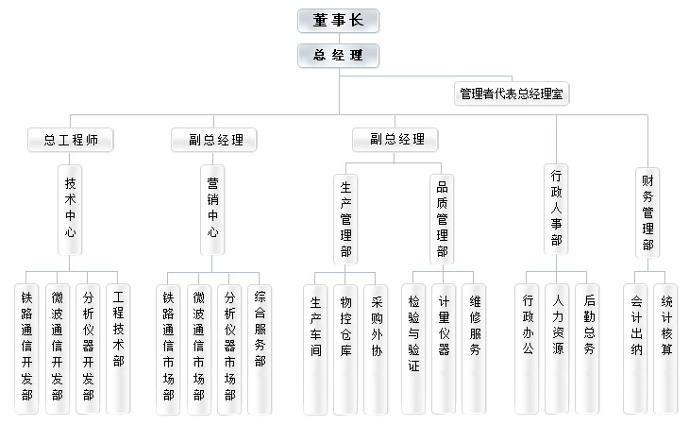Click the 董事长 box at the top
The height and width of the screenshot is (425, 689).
click(x=338, y=21)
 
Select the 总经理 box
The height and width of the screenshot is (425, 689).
click(x=338, y=55)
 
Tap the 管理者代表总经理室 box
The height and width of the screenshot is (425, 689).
click(x=513, y=93)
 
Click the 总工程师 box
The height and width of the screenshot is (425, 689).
click(x=72, y=141)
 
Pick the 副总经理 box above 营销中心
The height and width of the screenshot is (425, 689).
click(x=214, y=141)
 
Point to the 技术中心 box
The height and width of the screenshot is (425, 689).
click(x=71, y=206)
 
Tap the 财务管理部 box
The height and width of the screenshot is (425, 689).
click(x=648, y=211)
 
